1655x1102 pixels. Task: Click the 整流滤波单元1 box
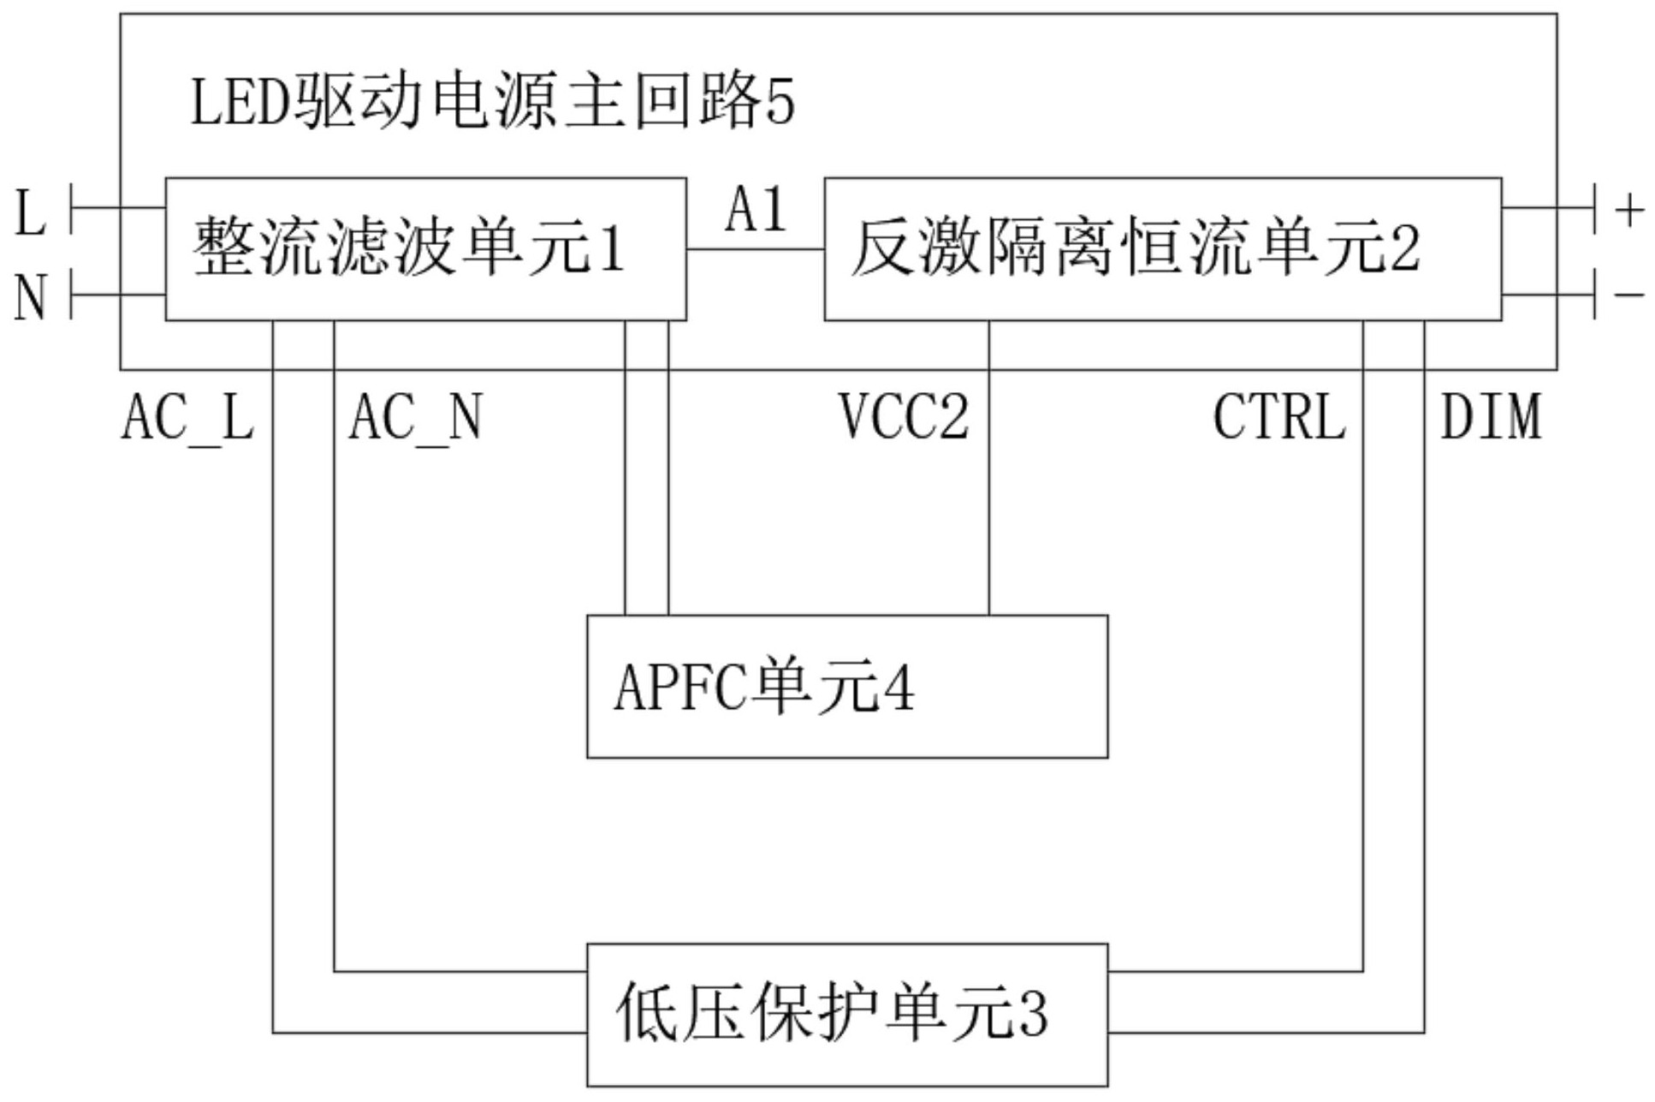[425, 249]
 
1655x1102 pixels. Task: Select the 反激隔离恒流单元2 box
[1161, 249]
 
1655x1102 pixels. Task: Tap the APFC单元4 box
[846, 686]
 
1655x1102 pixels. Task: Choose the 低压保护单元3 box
[846, 1015]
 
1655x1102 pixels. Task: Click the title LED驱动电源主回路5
[492, 102]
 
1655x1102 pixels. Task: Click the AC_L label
[187, 418]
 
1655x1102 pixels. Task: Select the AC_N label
[415, 418]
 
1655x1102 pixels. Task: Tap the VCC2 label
[904, 418]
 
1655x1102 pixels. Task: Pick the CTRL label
[1279, 418]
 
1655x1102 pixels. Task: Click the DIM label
[1491, 418]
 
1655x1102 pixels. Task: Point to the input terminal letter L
[30, 213]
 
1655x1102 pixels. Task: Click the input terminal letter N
[30, 298]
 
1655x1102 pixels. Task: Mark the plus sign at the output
[1629, 210]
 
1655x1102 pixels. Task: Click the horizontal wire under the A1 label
[755, 249]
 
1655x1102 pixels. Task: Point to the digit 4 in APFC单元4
[898, 688]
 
